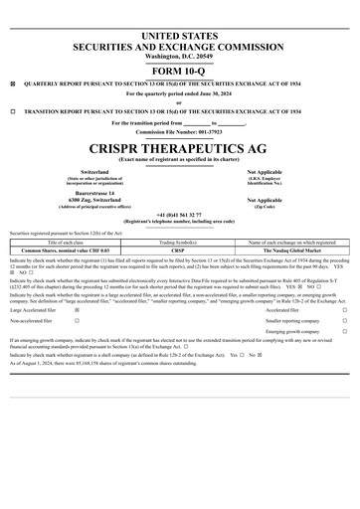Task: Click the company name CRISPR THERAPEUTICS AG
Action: pyautogui.click(x=180, y=145)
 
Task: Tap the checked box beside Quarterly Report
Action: pyautogui.click(x=12, y=85)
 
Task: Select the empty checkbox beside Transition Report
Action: pyautogui.click(x=12, y=112)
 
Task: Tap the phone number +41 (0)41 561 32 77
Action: pyautogui.click(x=180, y=213)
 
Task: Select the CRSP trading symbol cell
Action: pyautogui.click(x=180, y=250)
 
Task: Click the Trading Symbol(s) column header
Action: pyautogui.click(x=180, y=242)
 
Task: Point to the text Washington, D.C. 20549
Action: pyautogui.click(x=180, y=56)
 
